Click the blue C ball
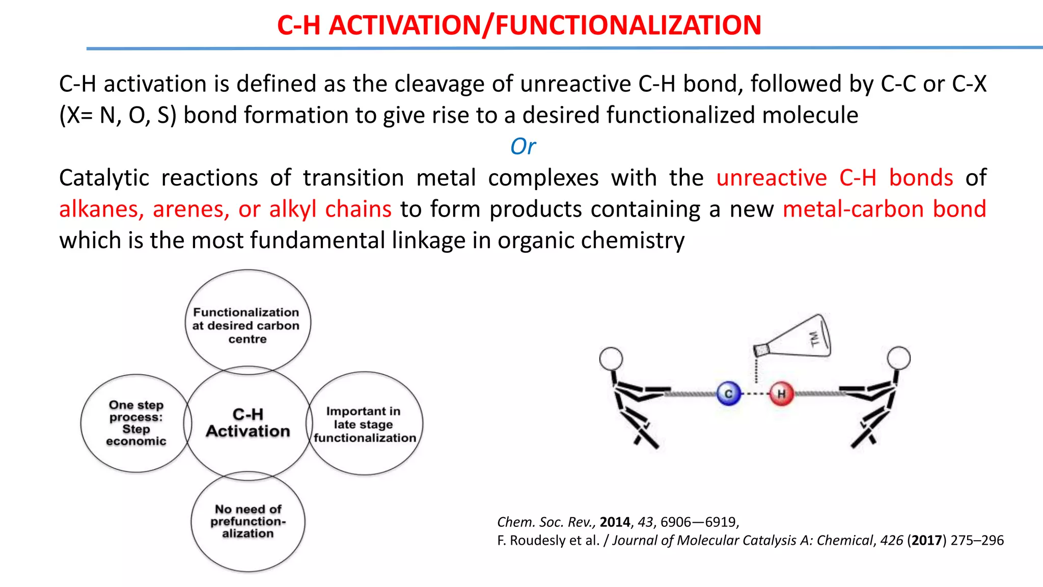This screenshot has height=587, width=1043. coord(728,393)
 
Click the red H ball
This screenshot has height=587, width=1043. coord(781,393)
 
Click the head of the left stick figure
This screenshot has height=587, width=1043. coord(611,359)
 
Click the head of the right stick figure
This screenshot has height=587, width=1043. coord(898,358)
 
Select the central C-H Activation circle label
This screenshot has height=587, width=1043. coord(248,423)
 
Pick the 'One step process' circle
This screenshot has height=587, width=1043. coord(136,423)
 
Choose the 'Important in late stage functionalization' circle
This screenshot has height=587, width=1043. coord(365,424)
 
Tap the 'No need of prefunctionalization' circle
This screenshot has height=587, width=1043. coord(248,521)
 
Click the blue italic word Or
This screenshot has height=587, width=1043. coord(523,147)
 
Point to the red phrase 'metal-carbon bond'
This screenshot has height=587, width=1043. coord(884,209)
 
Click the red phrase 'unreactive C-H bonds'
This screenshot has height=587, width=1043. coord(834,178)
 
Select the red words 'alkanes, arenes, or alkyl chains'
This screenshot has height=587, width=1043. coord(225,209)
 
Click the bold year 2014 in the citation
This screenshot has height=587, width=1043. coord(615,522)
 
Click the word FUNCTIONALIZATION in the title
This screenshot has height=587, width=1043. coord(628,25)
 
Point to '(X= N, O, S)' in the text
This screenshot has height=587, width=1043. coord(118,115)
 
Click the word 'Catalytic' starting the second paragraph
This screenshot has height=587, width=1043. coord(103,178)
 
